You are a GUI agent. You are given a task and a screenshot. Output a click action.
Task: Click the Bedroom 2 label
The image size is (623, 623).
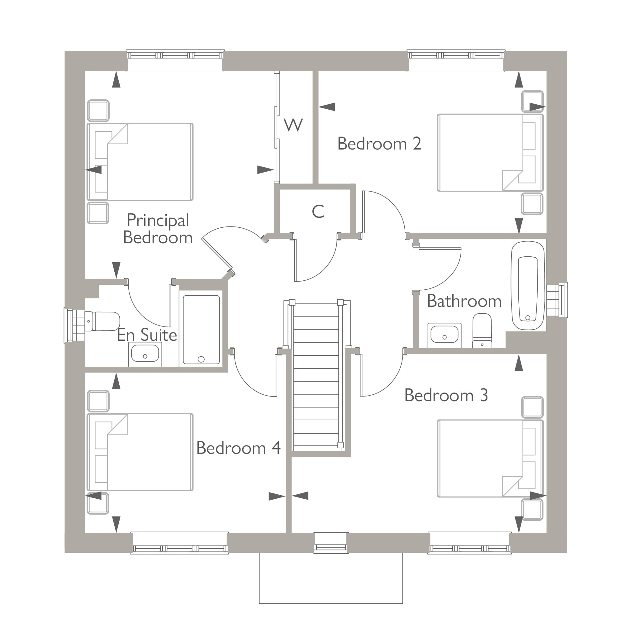[379, 144]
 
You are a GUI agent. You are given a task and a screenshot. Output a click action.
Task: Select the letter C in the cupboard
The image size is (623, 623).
[318, 212]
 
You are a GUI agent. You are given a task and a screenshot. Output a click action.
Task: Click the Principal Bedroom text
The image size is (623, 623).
[158, 229]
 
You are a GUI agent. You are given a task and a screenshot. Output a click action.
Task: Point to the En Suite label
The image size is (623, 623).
[147, 335]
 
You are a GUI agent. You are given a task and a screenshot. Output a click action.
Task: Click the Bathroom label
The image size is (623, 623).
[464, 301]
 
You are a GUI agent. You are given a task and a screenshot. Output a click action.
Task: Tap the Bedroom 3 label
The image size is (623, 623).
[446, 395]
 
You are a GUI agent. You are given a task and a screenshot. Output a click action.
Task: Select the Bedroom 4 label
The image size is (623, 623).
[238, 448]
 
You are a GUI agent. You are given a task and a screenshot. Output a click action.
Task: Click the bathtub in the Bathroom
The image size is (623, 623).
[528, 285]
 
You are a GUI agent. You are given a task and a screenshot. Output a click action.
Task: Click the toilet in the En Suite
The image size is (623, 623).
[102, 321]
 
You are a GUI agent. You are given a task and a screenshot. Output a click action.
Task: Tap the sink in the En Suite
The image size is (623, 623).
[145, 354]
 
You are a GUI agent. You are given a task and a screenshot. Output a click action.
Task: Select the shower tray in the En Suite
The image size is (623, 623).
[201, 330]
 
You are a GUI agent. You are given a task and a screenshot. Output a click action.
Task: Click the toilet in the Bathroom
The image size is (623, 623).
[482, 331]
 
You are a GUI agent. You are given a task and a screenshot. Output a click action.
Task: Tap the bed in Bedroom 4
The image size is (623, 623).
[140, 452]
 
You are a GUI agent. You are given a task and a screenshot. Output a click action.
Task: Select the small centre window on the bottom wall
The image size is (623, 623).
[331, 543]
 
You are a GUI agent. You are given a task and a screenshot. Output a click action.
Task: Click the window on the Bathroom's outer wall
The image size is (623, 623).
[557, 300]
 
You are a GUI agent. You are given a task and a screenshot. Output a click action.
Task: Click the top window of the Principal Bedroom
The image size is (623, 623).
[175, 60]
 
